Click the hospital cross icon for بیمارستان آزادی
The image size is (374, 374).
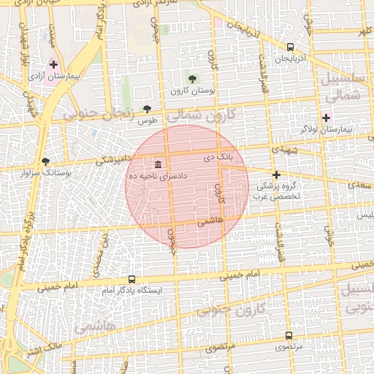coord(54,64)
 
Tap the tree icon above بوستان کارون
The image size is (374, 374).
coord(192,78)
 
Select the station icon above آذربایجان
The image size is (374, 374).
coord(291,46)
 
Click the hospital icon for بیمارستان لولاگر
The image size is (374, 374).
coord(327,117)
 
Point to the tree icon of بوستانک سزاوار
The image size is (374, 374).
coord(46,161)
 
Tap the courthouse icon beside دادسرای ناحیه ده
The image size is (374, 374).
coord(158,164)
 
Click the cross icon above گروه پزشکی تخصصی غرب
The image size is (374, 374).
coord(276,175)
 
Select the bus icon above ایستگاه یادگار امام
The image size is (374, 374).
coord(131,279)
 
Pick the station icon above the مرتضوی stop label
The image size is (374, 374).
coord(289,336)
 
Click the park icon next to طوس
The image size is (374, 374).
coord(148,108)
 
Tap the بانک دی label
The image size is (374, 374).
coord(218,157)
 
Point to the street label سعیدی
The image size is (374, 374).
coord(357,186)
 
